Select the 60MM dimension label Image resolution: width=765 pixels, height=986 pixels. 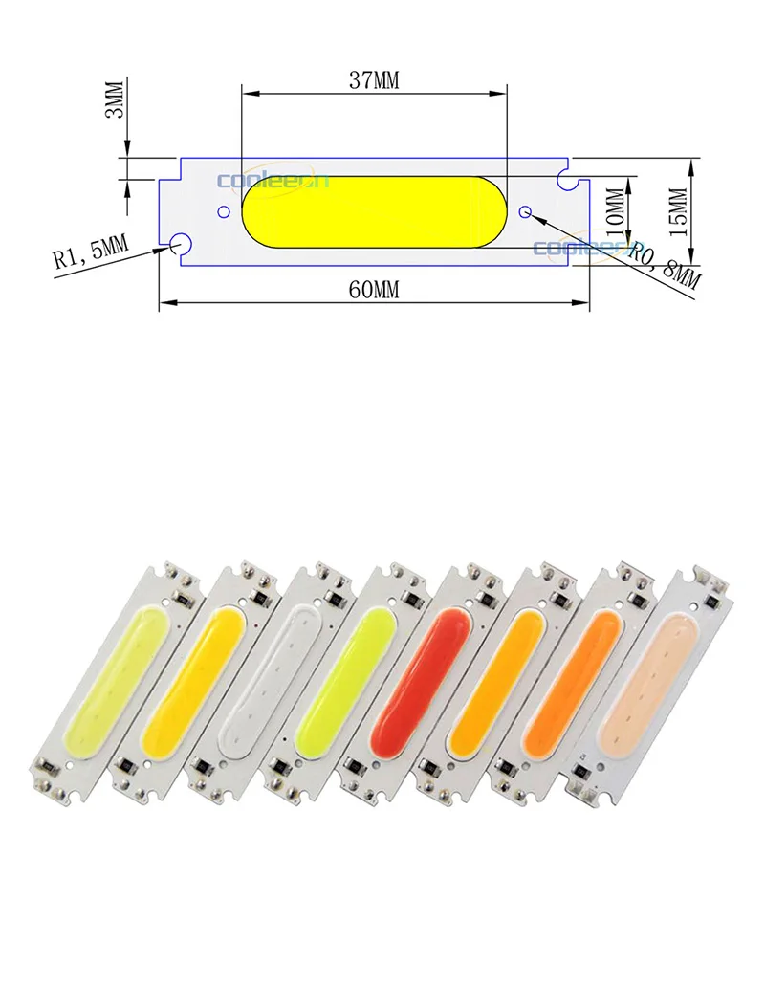(x=373, y=291)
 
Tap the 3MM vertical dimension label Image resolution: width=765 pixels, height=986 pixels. (x=114, y=101)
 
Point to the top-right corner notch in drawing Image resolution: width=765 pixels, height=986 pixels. (x=566, y=176)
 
